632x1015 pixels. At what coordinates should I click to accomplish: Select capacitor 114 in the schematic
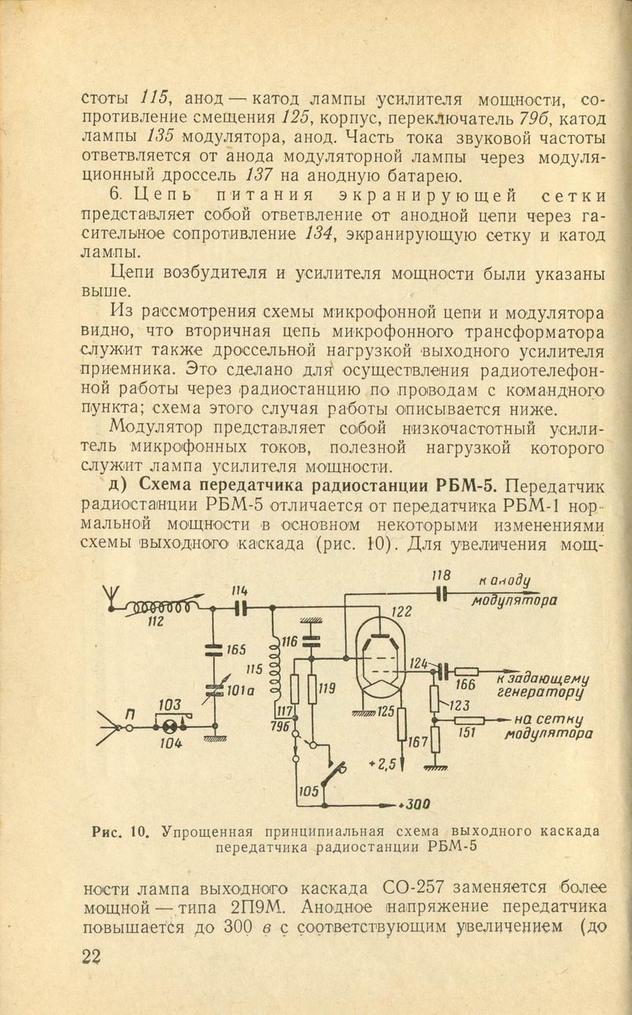[x=240, y=608]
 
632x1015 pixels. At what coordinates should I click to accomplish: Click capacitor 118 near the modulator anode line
[x=441, y=593]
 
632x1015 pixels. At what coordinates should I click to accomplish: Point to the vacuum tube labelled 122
[x=380, y=663]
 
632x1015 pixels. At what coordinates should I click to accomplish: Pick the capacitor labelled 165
[x=215, y=651]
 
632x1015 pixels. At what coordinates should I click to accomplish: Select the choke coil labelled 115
[x=274, y=667]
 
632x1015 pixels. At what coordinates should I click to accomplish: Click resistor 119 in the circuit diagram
[x=311, y=689]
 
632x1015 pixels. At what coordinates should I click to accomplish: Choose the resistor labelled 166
[x=467, y=672]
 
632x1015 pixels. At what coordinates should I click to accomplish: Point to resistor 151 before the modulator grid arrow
[x=470, y=720]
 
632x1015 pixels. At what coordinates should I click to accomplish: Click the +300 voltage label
[x=414, y=805]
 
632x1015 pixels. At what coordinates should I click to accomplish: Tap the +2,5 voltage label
[x=382, y=766]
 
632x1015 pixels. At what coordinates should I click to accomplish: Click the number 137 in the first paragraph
[x=259, y=175]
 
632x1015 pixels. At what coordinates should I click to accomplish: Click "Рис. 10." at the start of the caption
[x=120, y=832]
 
